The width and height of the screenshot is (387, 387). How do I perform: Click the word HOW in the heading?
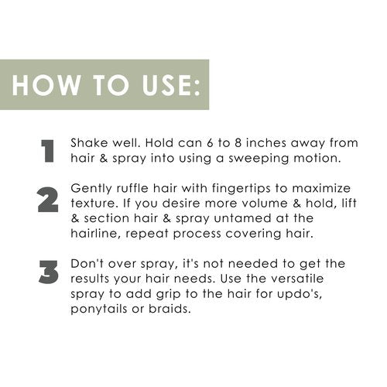pos(46,85)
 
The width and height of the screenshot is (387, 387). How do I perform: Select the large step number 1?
pos(48,151)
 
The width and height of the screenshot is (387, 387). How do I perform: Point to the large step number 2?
pos(48,200)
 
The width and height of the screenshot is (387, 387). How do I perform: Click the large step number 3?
pos(49,272)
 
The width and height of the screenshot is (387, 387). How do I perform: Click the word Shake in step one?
pos(89,142)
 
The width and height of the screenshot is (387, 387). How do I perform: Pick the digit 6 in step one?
pos(210,143)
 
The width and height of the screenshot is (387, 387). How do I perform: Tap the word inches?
pos(265,142)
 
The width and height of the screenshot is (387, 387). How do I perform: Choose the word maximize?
pos(321,188)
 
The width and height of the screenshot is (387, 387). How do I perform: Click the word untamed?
pos(242,218)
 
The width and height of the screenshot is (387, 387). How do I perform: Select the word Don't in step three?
pos(87,264)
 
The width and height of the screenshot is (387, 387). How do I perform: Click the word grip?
pos(168,295)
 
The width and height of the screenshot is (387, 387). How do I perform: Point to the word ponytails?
pos(99,310)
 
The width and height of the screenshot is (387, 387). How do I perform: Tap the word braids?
pos(170,309)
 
